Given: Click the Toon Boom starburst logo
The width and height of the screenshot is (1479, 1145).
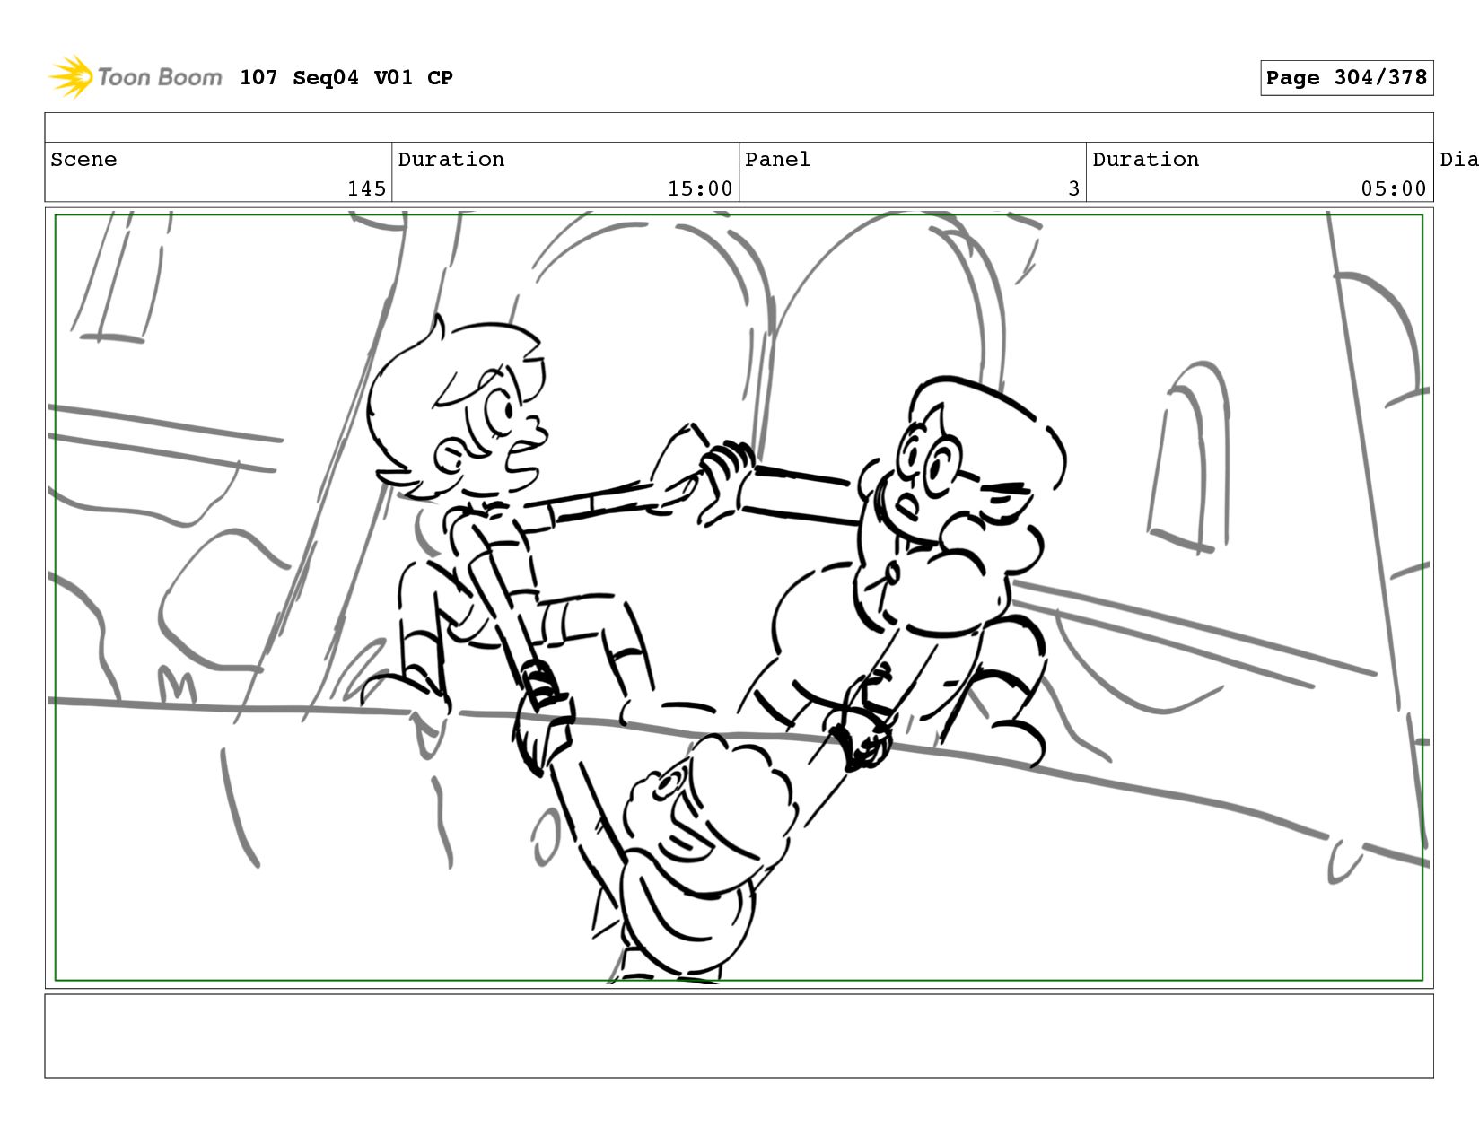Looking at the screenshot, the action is click(x=71, y=77).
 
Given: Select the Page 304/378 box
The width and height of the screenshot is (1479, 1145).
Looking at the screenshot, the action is click(x=1346, y=77).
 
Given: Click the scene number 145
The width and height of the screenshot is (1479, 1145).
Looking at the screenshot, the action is click(x=366, y=188).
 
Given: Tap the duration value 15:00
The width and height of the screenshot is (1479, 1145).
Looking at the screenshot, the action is click(x=700, y=188).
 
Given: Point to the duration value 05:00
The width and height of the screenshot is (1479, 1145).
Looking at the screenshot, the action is click(x=1393, y=188).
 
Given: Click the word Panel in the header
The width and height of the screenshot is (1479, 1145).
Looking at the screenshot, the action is click(x=777, y=159).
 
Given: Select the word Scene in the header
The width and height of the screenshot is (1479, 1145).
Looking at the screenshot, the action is click(x=83, y=159).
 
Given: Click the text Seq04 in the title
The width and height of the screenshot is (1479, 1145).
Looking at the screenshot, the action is click(x=326, y=77).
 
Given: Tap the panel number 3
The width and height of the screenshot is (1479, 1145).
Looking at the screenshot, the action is click(x=1073, y=188).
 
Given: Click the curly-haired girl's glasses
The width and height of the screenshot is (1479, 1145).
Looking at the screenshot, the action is click(x=930, y=456).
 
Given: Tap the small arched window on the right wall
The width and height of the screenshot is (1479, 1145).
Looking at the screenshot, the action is click(x=1188, y=457).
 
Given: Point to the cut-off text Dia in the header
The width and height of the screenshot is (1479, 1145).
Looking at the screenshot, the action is click(x=1459, y=159).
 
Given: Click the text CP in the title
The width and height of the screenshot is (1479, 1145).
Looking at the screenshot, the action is click(x=440, y=77).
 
